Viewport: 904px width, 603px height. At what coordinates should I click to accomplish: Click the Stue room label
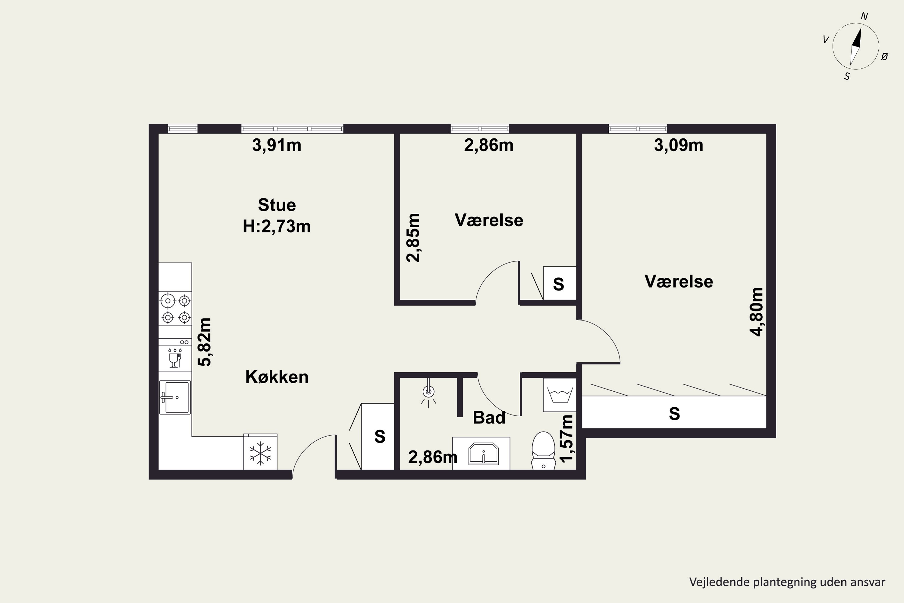(x=277, y=205)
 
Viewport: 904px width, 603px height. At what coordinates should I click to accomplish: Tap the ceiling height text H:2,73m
(x=277, y=226)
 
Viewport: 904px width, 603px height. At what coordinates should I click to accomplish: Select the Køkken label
(x=277, y=377)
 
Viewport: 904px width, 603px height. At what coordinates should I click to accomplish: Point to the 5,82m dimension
(x=205, y=342)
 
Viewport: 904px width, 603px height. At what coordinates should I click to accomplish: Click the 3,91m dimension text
(x=277, y=145)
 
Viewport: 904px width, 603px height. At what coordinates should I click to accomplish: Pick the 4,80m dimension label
(x=757, y=312)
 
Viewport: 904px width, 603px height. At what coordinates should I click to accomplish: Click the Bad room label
(x=489, y=418)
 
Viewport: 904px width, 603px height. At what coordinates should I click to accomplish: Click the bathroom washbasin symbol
(x=484, y=454)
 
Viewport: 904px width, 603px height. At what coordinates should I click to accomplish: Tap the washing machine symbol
(x=560, y=395)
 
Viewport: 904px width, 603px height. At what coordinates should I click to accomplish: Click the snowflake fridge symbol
(x=260, y=453)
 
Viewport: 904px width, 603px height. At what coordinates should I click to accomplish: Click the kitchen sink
(x=175, y=397)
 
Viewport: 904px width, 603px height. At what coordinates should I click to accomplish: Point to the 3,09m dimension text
(x=679, y=145)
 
